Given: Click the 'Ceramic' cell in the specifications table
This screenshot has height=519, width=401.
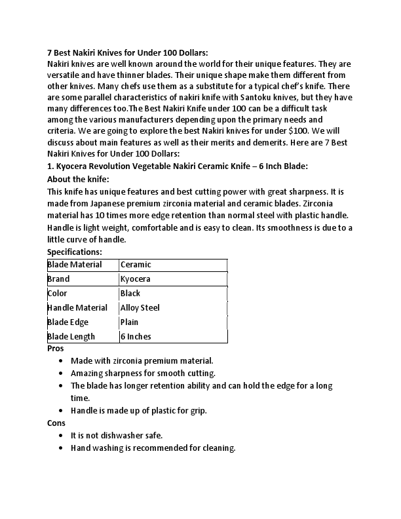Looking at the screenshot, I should coord(136,265).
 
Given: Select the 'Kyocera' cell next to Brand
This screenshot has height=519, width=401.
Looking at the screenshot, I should coord(136,279).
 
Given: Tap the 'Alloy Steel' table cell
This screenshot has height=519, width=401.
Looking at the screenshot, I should coord(140,308).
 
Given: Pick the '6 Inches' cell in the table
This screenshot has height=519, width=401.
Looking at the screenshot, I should coord(136,337).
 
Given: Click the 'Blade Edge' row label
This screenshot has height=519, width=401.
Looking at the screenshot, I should coord(68,322).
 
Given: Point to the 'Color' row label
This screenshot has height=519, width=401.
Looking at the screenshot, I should coord(58,294).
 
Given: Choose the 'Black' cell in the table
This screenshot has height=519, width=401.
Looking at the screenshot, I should coord(130,294).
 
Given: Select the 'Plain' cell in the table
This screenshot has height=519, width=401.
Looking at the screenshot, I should coord(130,322).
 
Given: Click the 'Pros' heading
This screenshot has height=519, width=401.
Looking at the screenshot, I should coord(56,349).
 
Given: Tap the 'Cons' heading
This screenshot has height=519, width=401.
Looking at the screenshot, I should coord(56,423).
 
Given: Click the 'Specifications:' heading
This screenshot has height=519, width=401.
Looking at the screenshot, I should coord(75,252).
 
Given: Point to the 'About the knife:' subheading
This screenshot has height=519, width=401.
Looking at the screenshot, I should coord(79,179).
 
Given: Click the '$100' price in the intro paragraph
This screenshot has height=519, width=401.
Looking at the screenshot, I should coord(299,131).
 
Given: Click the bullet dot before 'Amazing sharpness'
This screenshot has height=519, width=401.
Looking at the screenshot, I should coord(61,374).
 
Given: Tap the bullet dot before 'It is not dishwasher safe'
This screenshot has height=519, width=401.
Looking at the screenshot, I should coord(61,436).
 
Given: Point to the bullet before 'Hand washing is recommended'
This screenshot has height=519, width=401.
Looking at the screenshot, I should coord(61,448).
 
